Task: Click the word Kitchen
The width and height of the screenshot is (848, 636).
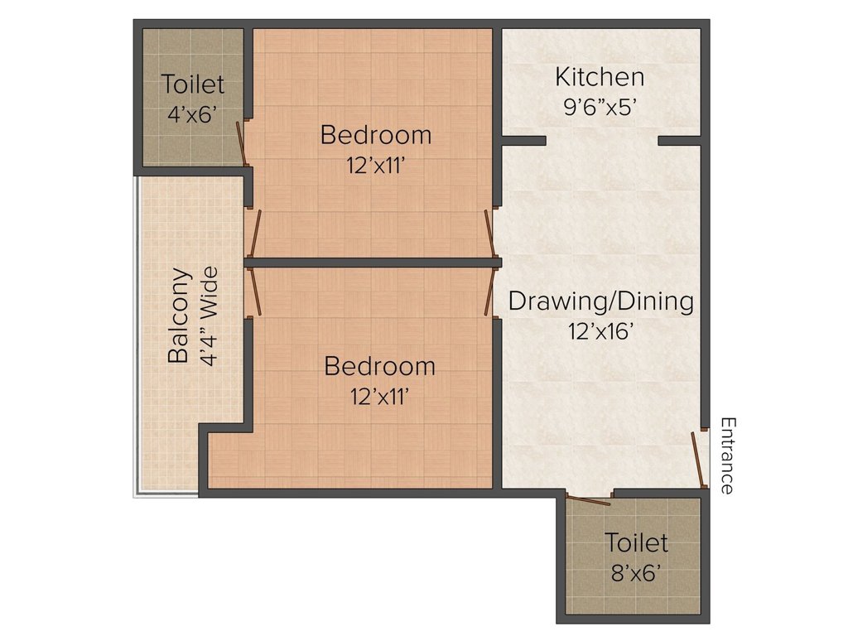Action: pyautogui.click(x=600, y=77)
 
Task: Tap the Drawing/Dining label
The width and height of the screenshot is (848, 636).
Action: pyautogui.click(x=600, y=301)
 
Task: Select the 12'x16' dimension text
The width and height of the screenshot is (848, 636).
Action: pyautogui.click(x=600, y=331)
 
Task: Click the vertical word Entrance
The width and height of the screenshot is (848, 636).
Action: pyautogui.click(x=727, y=455)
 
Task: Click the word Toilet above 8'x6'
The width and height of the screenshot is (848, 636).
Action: pyautogui.click(x=635, y=542)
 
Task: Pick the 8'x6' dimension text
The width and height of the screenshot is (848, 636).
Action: pyautogui.click(x=635, y=572)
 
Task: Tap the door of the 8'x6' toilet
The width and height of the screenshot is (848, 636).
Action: pyautogui.click(x=588, y=499)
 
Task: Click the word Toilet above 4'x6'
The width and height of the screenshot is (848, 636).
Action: pyautogui.click(x=192, y=84)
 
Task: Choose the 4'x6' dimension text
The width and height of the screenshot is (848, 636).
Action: pyautogui.click(x=192, y=114)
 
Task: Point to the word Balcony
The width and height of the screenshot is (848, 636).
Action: pyautogui.click(x=178, y=315)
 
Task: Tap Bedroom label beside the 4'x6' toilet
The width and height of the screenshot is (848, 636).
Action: pyautogui.click(x=376, y=134)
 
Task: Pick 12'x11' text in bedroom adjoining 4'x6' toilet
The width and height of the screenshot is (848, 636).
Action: pyautogui.click(x=376, y=164)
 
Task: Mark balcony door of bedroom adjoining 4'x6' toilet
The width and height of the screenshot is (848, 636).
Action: pyautogui.click(x=257, y=234)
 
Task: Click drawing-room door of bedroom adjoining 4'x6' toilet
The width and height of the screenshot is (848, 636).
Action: pyautogui.click(x=489, y=234)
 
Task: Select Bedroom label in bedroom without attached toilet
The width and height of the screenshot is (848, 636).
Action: pyautogui.click(x=379, y=365)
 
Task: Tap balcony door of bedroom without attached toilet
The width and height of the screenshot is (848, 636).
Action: pyautogui.click(x=256, y=291)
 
